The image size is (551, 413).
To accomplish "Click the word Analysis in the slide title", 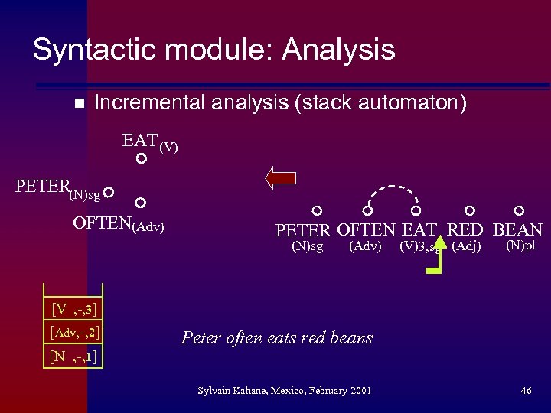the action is [339, 50].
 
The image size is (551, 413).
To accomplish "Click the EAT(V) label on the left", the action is [149, 142].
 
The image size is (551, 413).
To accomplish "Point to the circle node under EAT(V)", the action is [141, 160].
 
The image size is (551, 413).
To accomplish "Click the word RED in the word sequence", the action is [465, 230].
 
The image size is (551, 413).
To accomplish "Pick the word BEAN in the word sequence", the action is [518, 230].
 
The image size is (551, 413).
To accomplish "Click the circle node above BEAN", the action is [519, 210].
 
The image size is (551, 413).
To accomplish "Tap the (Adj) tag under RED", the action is [467, 246].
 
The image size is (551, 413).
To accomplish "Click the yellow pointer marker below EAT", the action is [436, 259].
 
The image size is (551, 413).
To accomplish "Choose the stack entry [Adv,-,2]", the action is [73, 333].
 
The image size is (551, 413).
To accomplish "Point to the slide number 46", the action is [526, 391].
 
